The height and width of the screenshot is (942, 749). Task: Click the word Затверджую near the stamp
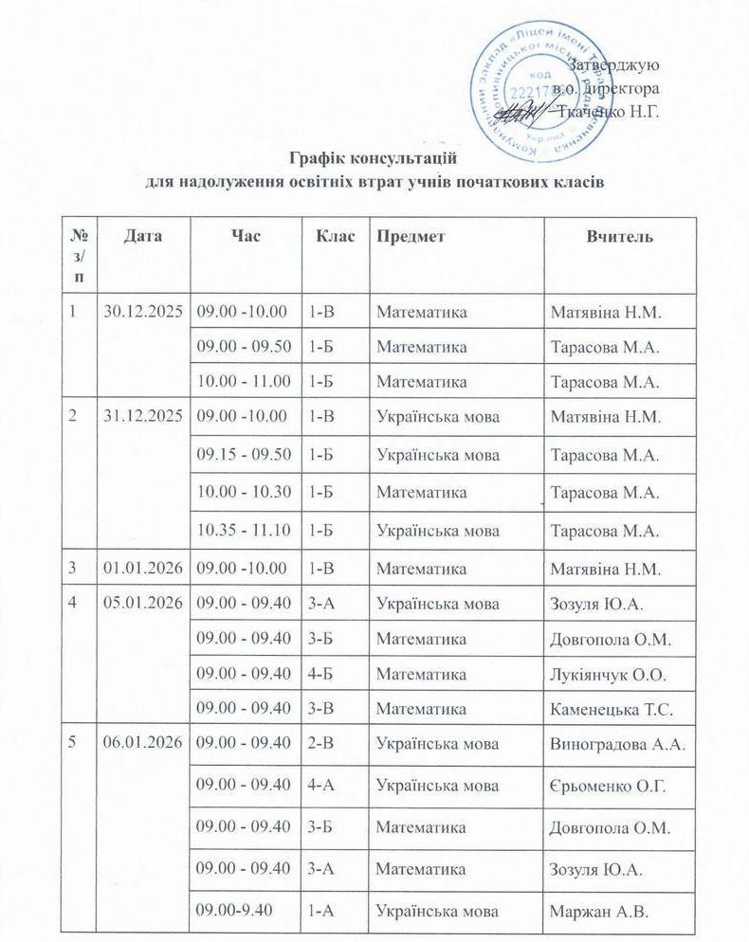616,65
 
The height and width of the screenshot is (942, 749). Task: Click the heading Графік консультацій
377,156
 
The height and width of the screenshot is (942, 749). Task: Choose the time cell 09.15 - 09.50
244,455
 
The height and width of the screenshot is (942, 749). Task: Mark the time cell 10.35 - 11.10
244,530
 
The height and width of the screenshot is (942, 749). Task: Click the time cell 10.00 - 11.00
244,381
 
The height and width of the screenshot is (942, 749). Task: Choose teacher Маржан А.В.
596,914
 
